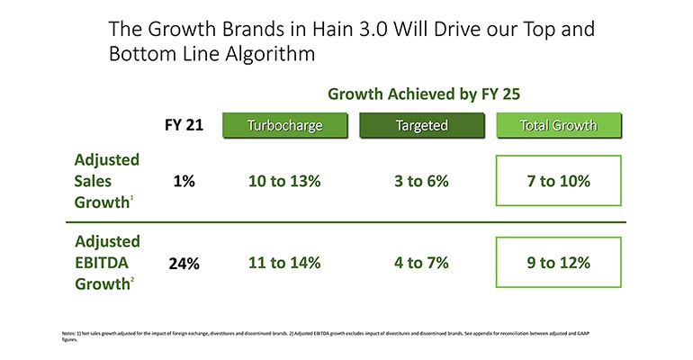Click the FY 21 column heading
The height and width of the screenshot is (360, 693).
[184, 125]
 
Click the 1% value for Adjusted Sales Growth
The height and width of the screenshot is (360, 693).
[184, 181]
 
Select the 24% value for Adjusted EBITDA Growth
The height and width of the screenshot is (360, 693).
[184, 265]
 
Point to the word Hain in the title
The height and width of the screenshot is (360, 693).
[310, 29]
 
